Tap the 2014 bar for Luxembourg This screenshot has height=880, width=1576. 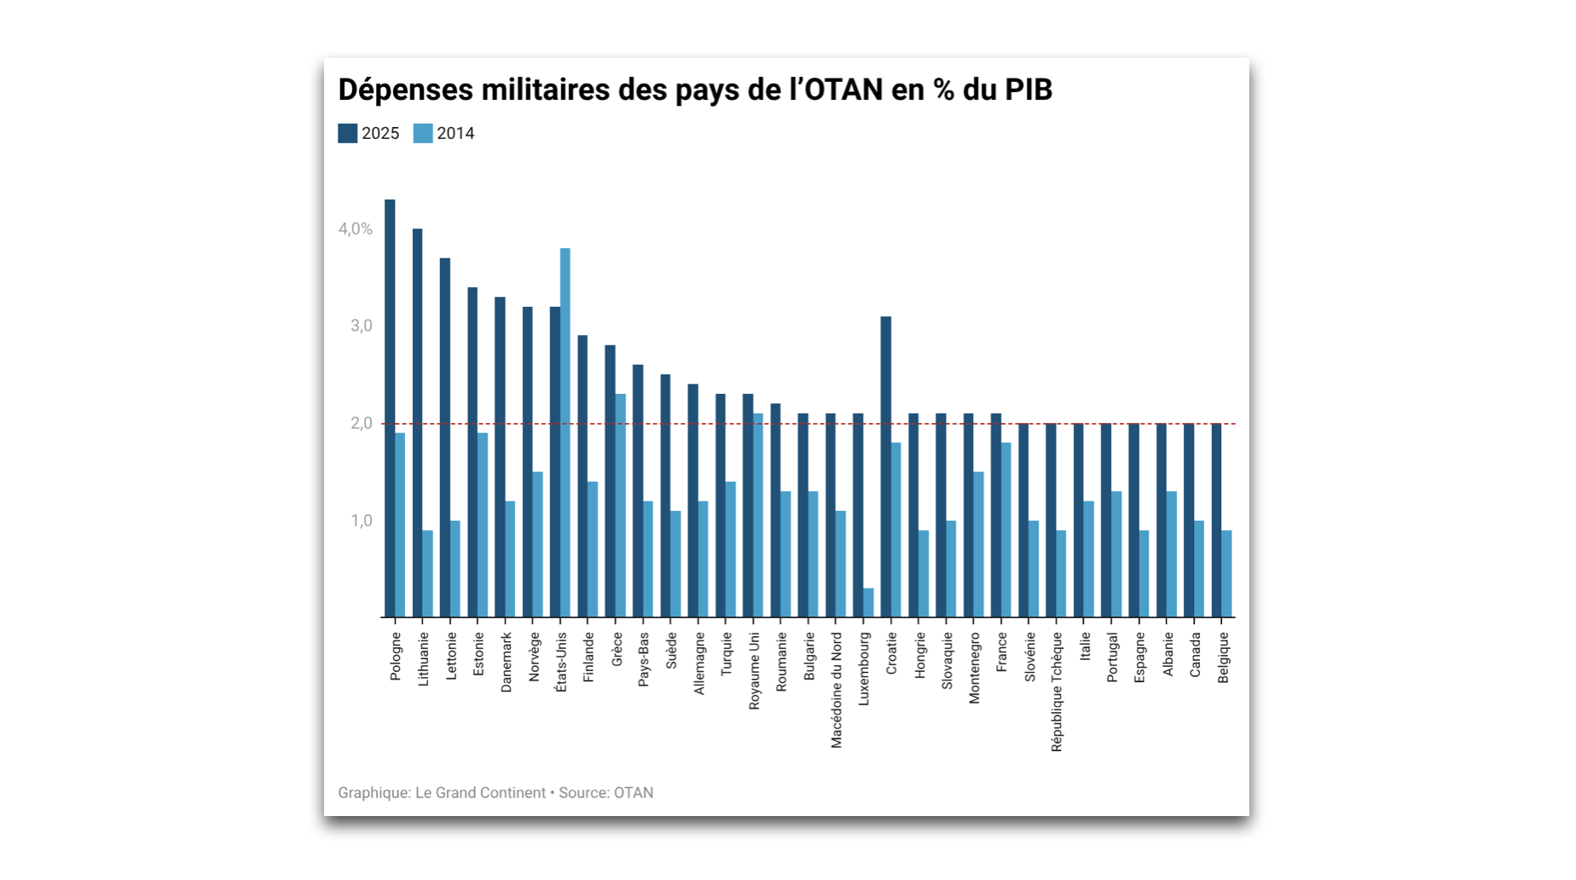[868, 602]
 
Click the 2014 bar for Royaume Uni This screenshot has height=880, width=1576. [758, 515]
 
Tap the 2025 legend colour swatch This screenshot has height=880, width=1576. [347, 133]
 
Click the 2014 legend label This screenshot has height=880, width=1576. [455, 133]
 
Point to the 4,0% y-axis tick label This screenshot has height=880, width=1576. [356, 229]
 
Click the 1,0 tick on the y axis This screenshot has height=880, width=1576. [362, 521]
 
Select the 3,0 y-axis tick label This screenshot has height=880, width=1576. [362, 326]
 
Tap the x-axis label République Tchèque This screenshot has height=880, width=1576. [1057, 692]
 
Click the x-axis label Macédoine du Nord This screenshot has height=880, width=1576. [837, 690]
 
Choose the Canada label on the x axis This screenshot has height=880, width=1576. [1196, 655]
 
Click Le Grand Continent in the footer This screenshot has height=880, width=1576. [480, 793]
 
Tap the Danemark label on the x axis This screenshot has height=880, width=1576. [507, 662]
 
